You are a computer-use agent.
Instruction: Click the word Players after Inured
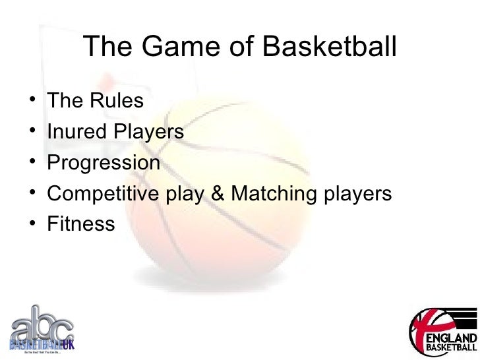tap(148, 132)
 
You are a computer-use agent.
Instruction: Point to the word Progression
tap(104, 163)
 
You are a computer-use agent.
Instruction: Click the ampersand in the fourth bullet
tap(215, 194)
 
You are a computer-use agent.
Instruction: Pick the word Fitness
tap(81, 224)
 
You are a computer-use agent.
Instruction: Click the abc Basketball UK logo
tap(42, 328)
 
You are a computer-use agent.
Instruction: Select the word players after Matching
tap(356, 194)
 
